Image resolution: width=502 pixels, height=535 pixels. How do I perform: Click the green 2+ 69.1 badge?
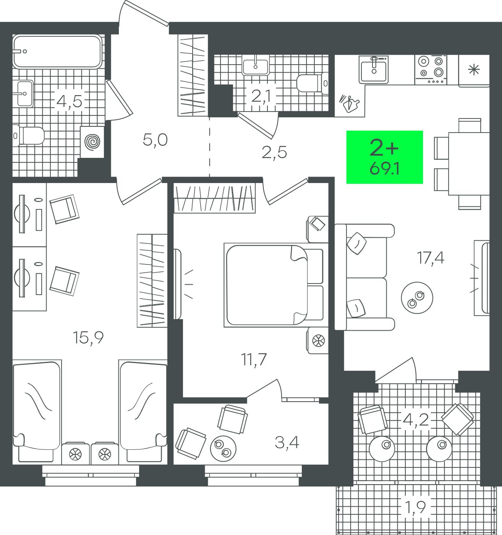tap(384, 157)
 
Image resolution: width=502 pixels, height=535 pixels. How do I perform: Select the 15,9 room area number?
tap(88, 337)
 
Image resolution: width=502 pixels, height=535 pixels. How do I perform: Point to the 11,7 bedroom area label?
tap(254, 359)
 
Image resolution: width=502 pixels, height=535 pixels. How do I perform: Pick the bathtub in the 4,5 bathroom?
tap(57, 51)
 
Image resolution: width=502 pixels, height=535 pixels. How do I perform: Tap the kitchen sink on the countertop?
tap(374, 69)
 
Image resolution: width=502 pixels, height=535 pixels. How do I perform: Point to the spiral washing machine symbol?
tap(92, 142)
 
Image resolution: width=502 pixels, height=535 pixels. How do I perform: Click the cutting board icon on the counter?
tap(349, 103)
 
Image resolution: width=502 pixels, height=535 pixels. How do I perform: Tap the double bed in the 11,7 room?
tap(274, 285)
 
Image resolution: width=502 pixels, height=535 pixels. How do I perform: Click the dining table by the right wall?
tap(469, 164)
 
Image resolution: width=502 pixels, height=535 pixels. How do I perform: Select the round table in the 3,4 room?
tap(223, 449)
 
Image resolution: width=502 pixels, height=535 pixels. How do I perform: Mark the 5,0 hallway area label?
tap(155, 140)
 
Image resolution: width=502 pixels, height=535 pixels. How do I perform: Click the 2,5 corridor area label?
tap(274, 152)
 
